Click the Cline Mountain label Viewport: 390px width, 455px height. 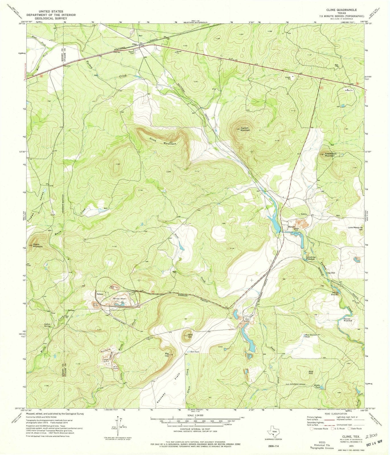pyautogui.click(x=163, y=141)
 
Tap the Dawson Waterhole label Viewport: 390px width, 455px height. pyautogui.click(x=347, y=320)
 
